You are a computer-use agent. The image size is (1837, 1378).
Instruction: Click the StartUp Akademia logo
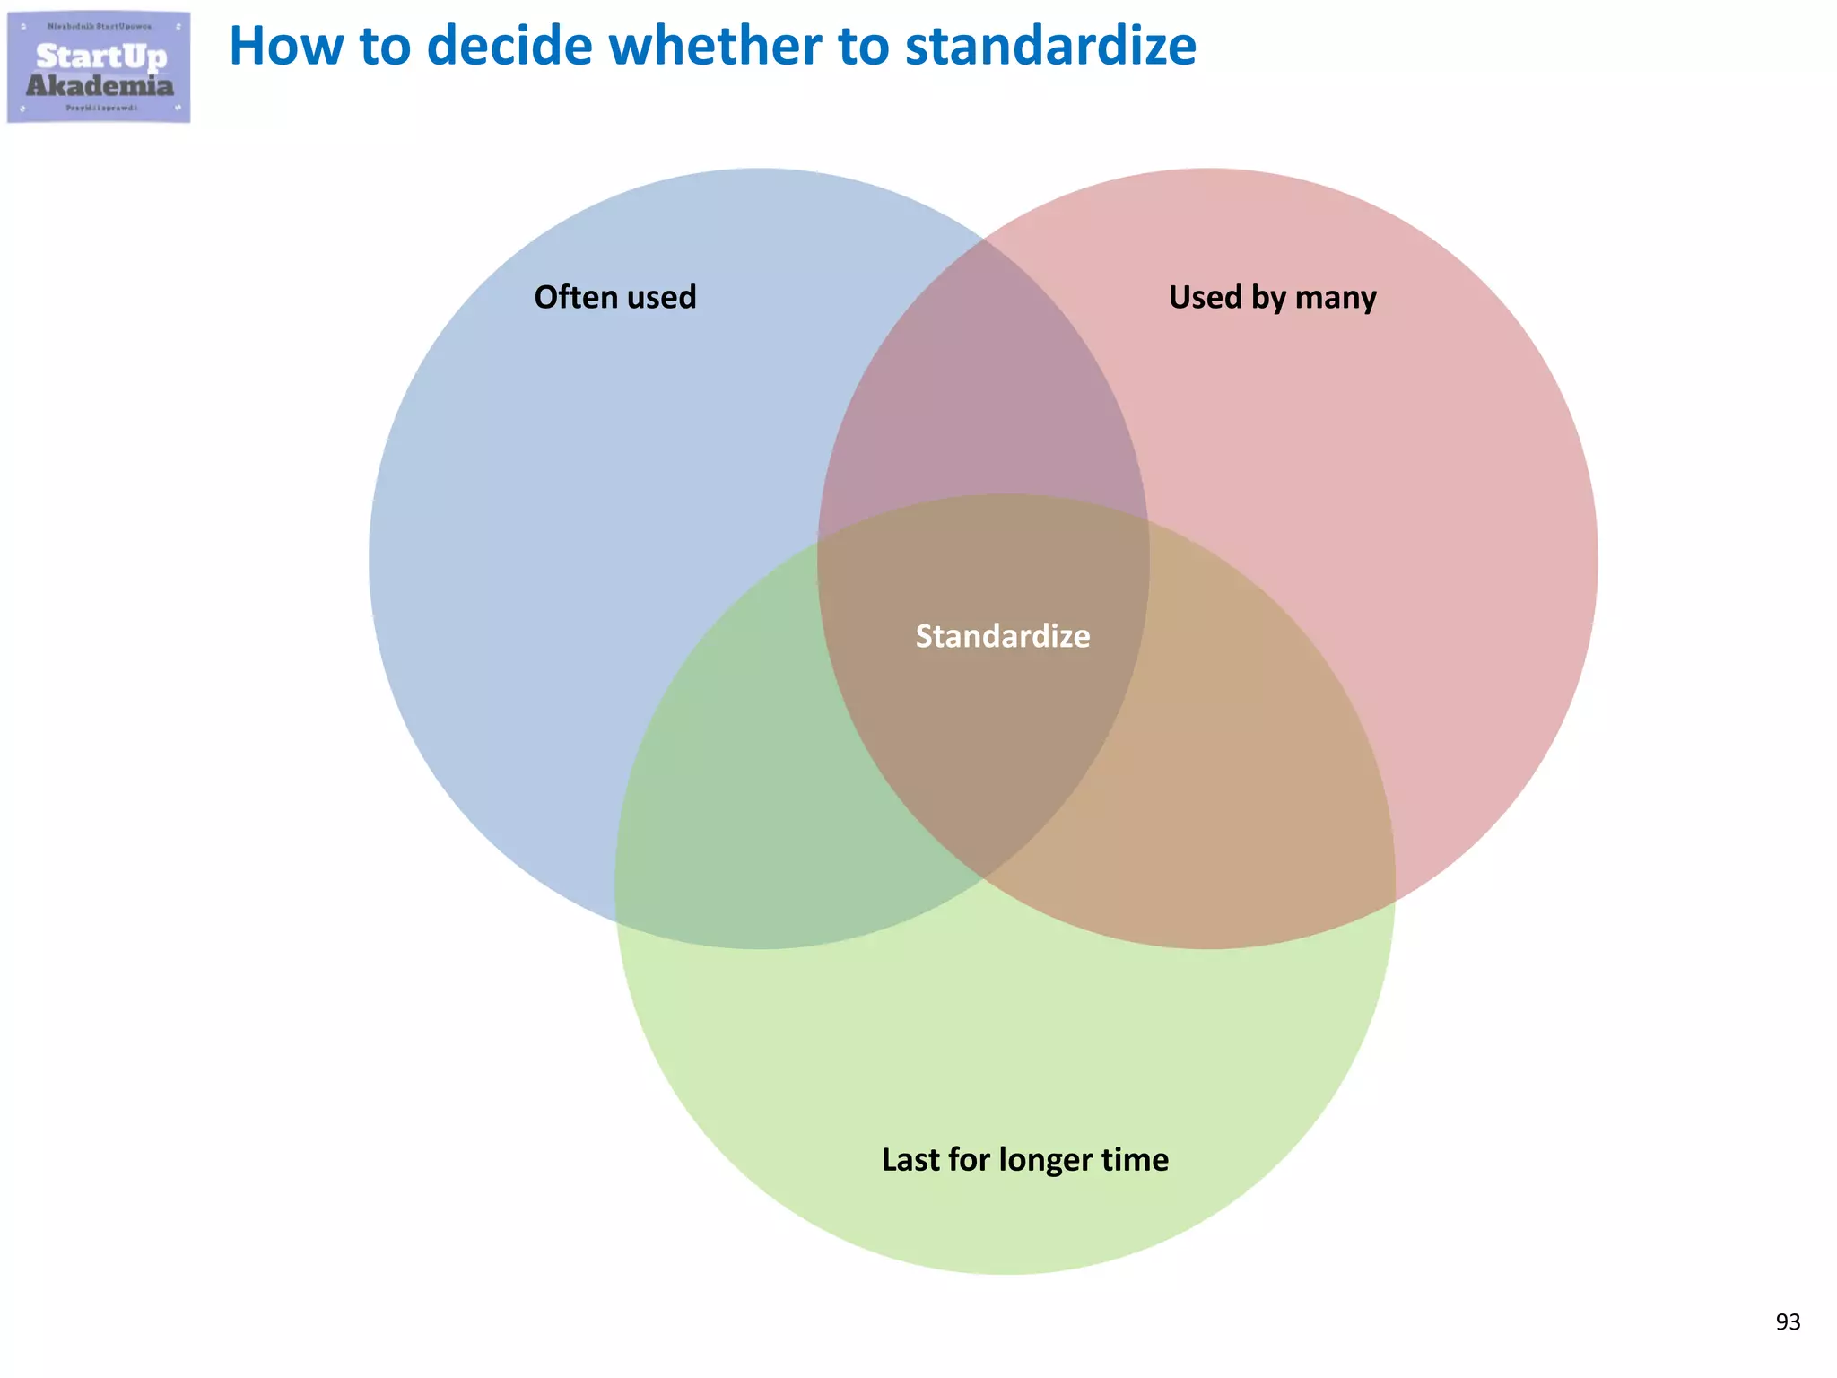(x=99, y=68)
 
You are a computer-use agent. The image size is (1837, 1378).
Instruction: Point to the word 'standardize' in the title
(x=1050, y=47)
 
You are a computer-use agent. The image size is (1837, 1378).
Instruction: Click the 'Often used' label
(x=615, y=297)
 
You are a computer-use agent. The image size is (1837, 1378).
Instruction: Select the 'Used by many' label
(x=1272, y=297)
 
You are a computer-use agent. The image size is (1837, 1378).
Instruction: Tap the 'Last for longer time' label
(x=1025, y=1159)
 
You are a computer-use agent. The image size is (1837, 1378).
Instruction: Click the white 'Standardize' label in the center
(x=1003, y=636)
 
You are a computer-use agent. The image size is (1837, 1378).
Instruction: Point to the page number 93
(x=1788, y=1321)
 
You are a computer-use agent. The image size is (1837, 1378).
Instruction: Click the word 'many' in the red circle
(x=1336, y=297)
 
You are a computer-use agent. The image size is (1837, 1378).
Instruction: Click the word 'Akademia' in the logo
(x=100, y=86)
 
